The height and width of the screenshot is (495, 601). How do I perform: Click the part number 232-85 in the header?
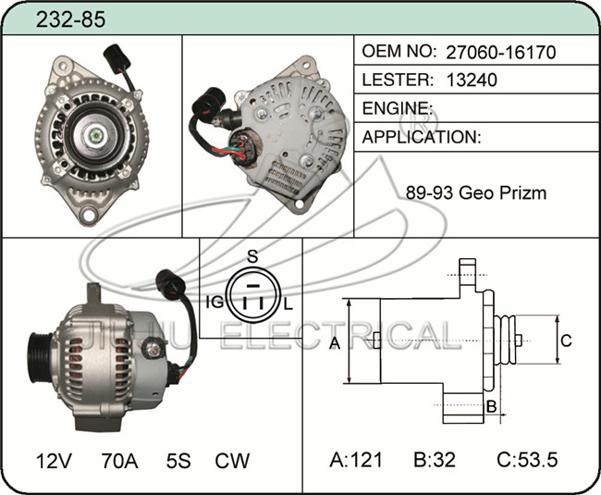click(70, 19)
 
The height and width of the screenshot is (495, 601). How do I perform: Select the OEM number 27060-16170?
click(500, 52)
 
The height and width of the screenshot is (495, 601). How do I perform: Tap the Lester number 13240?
click(472, 80)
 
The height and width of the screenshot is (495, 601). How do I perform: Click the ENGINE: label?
click(398, 108)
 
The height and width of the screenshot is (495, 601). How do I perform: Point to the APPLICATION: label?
click(422, 137)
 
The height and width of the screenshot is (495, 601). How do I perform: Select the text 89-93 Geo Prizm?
click(476, 192)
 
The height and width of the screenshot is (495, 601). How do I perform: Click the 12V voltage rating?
click(54, 461)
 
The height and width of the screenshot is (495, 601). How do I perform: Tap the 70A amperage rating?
click(119, 461)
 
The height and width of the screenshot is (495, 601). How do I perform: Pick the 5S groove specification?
click(178, 461)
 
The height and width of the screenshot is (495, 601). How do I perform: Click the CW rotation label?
click(232, 461)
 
